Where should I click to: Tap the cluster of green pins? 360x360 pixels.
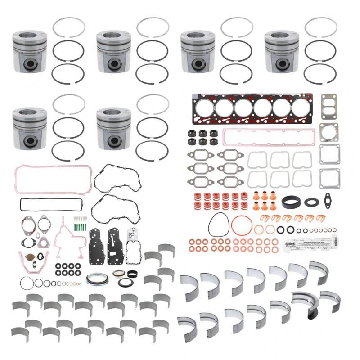tap(80, 221)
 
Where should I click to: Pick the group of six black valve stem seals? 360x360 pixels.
tap(202, 137)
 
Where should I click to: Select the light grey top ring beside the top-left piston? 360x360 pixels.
tap(68, 28)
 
